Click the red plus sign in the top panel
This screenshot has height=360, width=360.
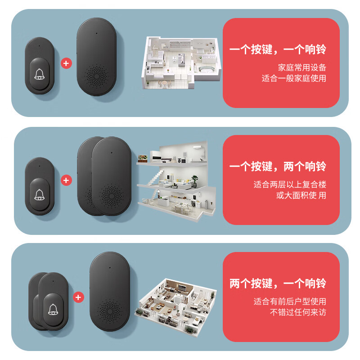pos(67,63)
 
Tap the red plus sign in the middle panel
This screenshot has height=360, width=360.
pos(67,180)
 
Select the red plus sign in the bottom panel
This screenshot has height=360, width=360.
pos(79,297)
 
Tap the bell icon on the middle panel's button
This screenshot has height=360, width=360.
pos(39,194)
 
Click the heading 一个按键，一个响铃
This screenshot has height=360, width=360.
pos(278,49)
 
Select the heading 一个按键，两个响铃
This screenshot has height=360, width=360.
pos(278,167)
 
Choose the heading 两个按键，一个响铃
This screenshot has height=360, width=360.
pos(278,284)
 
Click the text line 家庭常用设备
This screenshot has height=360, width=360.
pos(302,67)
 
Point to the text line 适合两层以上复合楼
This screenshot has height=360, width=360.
pos(290,184)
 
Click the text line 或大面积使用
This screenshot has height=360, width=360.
pos(301,195)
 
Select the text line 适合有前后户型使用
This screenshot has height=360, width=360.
pos(290,301)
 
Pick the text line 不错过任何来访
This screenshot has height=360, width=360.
pos(298,312)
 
